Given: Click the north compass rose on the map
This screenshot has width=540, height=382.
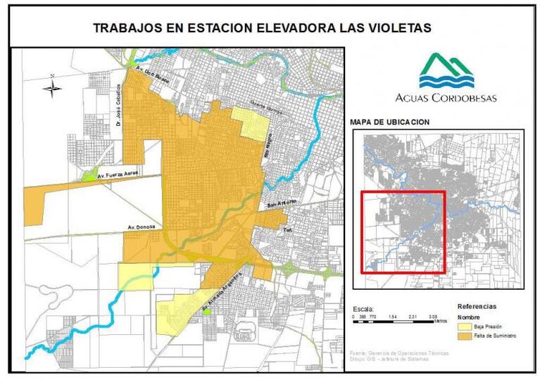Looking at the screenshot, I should pos(52,87).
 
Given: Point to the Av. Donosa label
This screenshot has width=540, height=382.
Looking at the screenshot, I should pos(141,227).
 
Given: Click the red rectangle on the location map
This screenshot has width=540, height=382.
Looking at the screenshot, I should pos(403,231).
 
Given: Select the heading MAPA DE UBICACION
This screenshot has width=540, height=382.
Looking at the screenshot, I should pos(389,122).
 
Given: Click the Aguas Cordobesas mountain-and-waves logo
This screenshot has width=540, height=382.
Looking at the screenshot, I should pos(447,71).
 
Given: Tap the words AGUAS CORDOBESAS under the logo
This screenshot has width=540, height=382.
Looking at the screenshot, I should pos(447,98).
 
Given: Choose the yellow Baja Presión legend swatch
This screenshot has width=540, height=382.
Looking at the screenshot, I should pos(465,326).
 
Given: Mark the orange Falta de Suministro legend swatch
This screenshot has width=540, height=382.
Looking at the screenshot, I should pos(465,336).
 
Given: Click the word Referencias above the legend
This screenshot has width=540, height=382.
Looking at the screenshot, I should pos(477,307).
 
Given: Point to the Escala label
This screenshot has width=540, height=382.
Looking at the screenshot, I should pos(363,309).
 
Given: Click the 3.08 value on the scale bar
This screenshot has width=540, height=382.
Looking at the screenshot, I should pos(433,317).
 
